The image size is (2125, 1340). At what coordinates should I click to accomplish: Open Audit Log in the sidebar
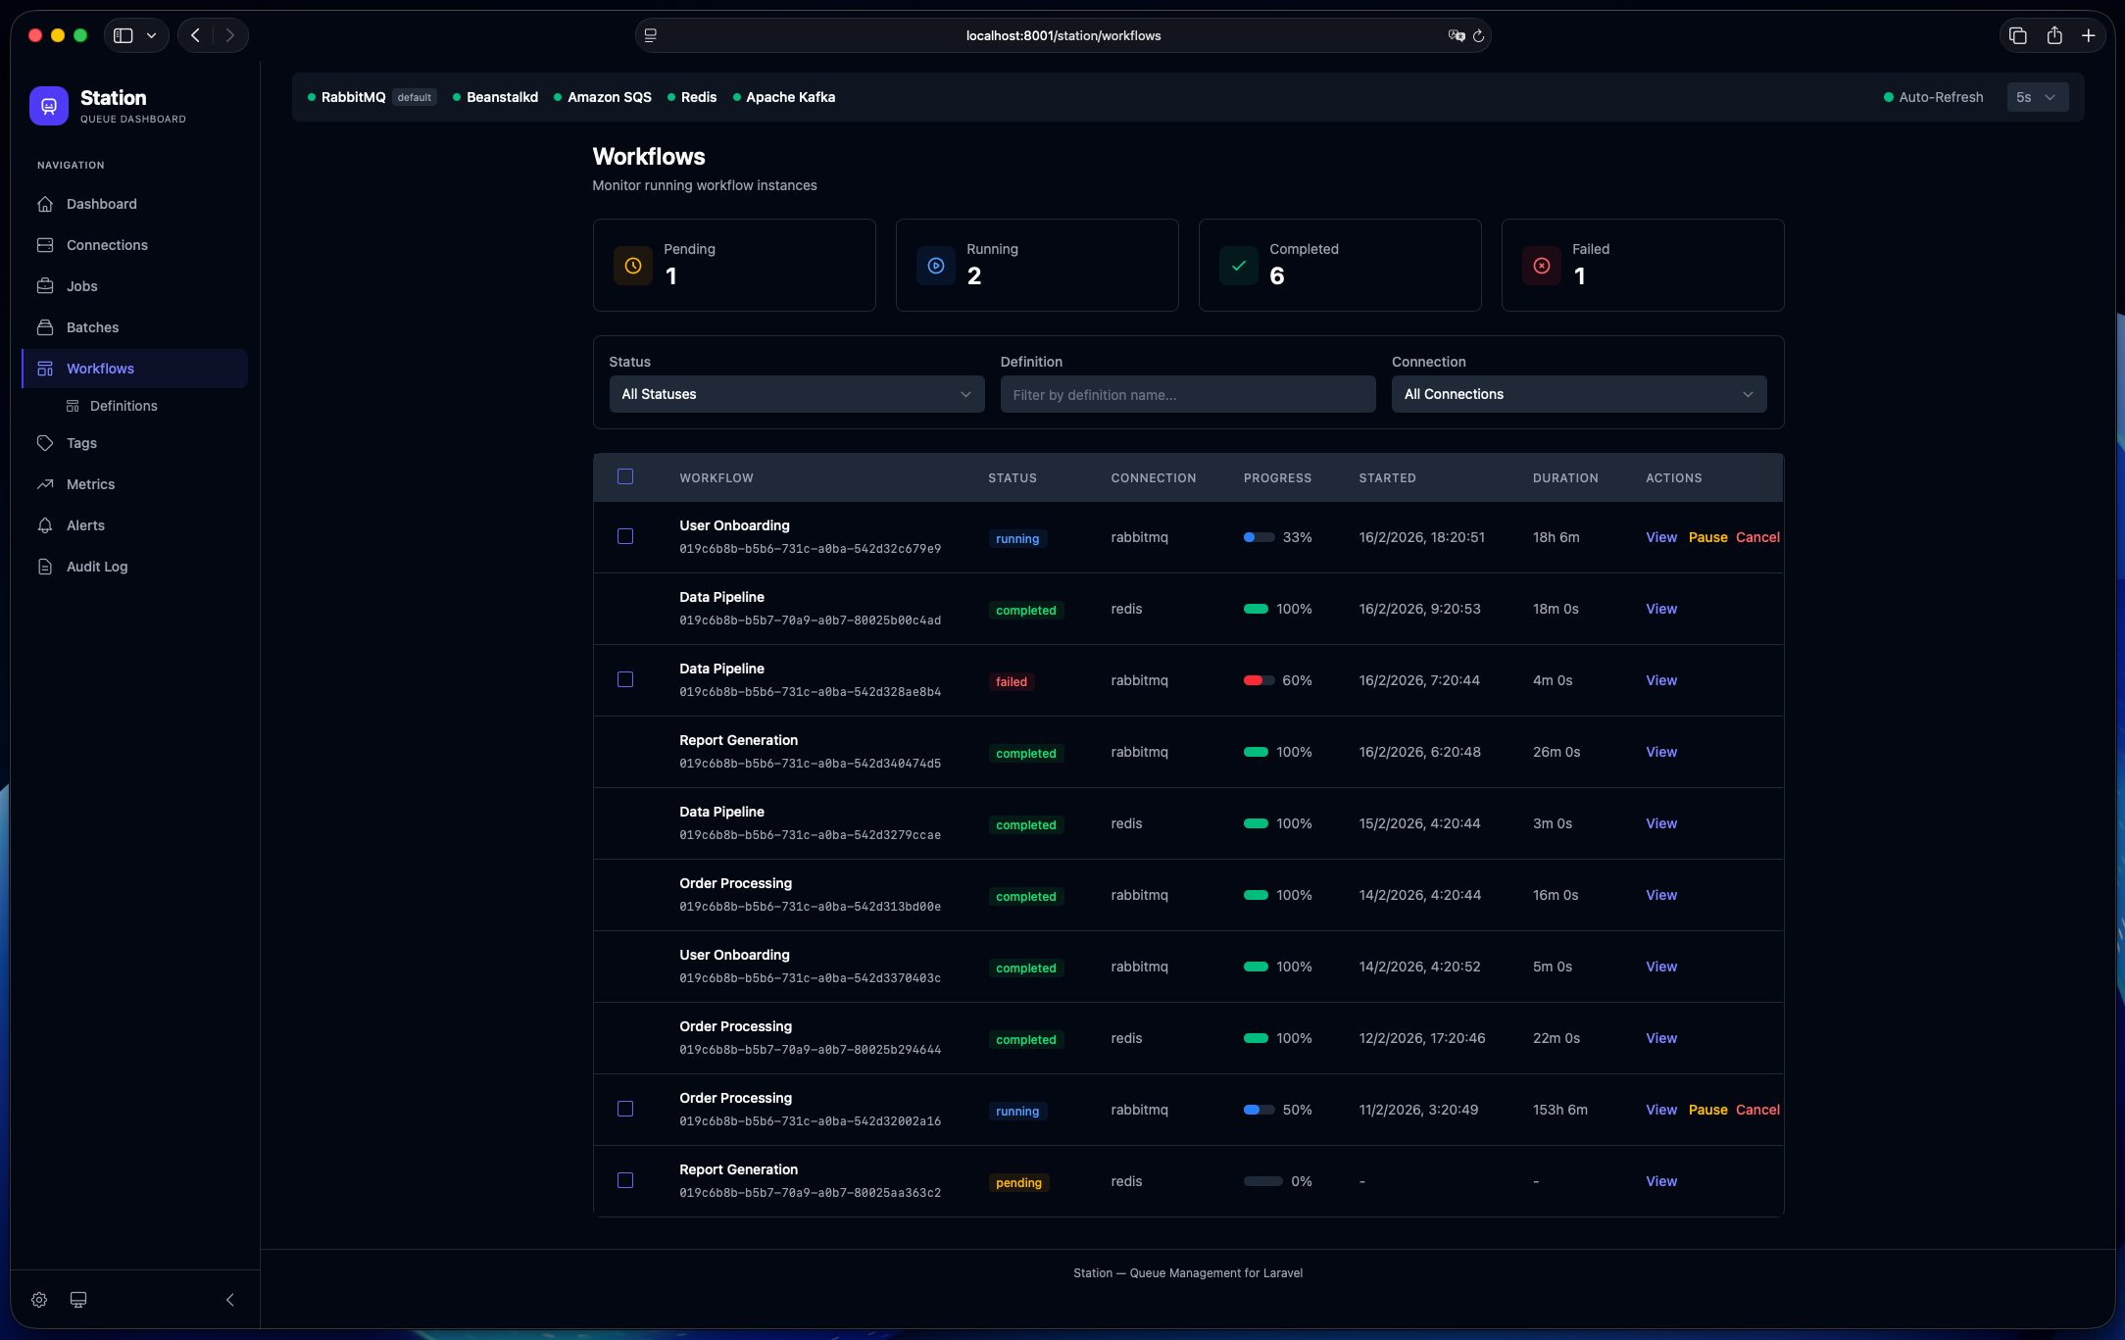[96, 567]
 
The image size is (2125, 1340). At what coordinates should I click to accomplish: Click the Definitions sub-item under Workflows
[123, 406]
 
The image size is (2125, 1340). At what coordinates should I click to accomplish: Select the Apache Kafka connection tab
[789, 97]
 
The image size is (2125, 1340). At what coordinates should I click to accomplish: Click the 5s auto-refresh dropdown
[2036, 97]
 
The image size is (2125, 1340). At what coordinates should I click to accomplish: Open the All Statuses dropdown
[796, 394]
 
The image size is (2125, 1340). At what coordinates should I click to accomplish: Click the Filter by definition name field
[1187, 394]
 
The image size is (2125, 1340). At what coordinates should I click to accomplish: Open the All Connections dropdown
[1578, 394]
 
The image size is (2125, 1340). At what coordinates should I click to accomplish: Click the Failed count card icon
[1541, 266]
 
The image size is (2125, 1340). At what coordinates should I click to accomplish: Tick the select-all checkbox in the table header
[625, 477]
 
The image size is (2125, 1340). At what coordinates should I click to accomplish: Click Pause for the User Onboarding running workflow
[1707, 537]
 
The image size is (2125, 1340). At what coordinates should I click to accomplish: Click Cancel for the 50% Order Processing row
[1756, 1110]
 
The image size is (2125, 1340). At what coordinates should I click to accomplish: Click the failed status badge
[1011, 681]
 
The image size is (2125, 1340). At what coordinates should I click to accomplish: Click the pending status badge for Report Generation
[1018, 1182]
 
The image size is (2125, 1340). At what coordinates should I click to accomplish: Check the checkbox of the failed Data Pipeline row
[625, 679]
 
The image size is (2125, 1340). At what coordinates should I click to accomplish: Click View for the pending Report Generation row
[1660, 1181]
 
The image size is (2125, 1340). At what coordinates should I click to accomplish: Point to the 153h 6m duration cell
[1559, 1110]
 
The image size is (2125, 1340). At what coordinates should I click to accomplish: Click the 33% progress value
[1297, 537]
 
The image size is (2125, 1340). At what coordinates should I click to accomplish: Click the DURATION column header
[1564, 478]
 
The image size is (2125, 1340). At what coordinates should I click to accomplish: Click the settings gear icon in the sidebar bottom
[39, 1300]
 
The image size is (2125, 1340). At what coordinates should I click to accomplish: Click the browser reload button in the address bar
[1478, 35]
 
